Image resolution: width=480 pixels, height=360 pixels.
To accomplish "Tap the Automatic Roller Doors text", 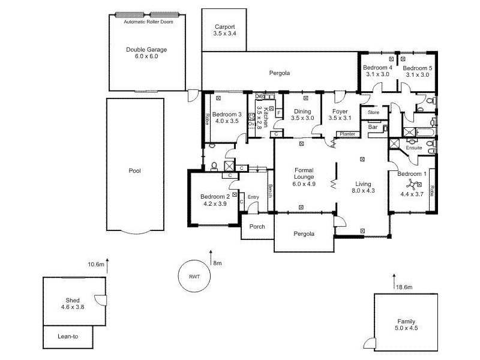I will point(147,22).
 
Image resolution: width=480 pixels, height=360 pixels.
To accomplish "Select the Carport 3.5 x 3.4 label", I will point(224,31).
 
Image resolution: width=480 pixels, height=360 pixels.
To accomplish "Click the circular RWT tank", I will point(194,277).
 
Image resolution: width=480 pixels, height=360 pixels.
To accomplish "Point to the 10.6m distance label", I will point(96,264).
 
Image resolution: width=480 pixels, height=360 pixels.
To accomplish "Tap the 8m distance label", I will point(217,263).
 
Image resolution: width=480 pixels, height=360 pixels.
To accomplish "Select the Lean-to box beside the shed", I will point(68,337).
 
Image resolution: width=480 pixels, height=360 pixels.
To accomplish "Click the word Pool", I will point(134,170).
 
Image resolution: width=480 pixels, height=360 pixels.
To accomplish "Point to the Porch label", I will point(257,227).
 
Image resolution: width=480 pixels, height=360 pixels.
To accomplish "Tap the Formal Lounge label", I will point(304,177).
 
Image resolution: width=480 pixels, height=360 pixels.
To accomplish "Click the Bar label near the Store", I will point(372,127).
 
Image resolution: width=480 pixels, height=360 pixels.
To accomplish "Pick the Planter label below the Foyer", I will point(347,134).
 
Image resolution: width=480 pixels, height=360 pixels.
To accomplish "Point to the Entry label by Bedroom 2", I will point(254,197).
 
